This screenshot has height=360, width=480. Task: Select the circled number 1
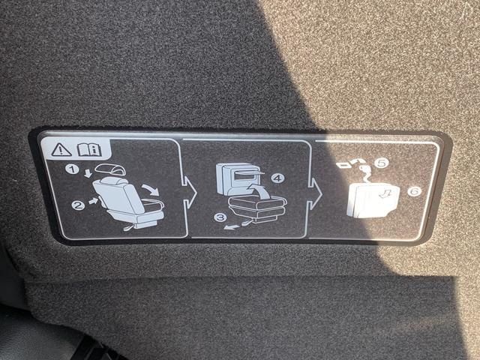[72, 170]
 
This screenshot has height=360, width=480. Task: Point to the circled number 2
[77, 204]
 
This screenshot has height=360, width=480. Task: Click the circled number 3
[220, 218]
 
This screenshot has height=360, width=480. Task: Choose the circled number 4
[278, 178]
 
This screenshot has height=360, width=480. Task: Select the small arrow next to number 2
[93, 201]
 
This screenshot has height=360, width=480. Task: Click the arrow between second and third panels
[318, 193]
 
